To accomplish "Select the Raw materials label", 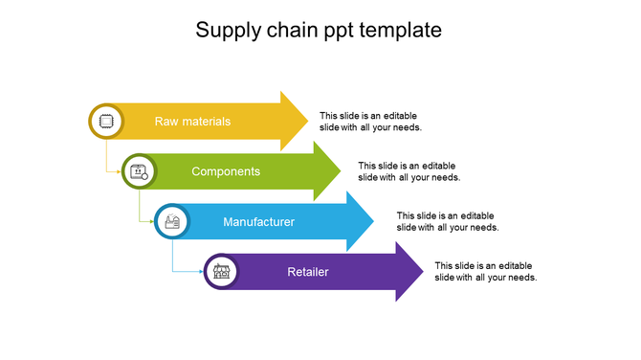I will coord(192,122).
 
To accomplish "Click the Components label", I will coord(226,171).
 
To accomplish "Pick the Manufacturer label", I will coord(258,222).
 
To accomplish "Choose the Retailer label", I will coord(308,272).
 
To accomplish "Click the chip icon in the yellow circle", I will coord(106,122).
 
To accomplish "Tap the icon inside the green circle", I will coord(139,172).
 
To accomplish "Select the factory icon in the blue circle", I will coord(172,222).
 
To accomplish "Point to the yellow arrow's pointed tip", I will coord(307,121).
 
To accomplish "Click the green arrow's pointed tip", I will coord(340,171).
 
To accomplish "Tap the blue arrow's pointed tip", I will coord(373,221).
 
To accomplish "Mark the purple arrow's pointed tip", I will coord(423,272).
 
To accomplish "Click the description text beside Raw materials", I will coord(370,121).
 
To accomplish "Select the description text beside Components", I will coord(409,171).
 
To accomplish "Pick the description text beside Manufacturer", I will coord(448,221).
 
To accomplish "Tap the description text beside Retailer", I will coord(486,271).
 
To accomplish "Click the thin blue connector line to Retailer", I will coord(173,257).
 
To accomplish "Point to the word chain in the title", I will coord(291,31).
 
